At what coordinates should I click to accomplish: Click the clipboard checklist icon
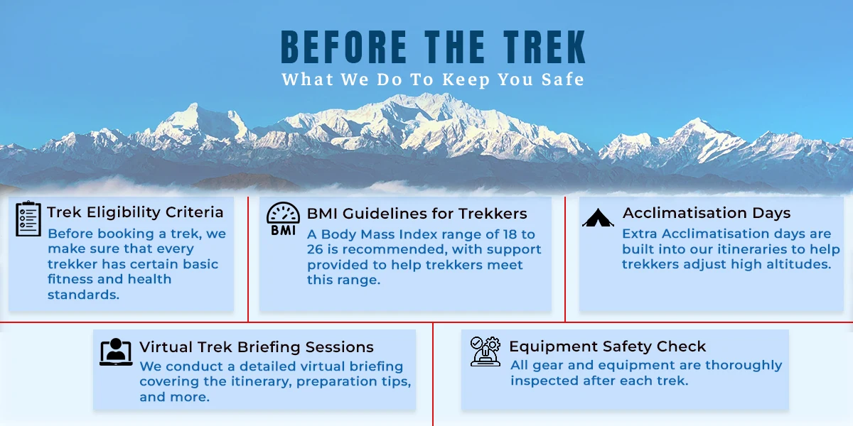[28, 219]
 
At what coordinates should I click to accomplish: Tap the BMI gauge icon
[283, 219]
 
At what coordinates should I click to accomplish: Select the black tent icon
[598, 217]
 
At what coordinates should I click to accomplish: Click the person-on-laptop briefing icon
[116, 352]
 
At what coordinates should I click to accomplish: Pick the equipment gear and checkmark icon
[485, 351]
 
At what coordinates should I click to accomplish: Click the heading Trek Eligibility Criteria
[135, 212]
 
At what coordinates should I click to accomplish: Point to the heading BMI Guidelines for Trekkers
[417, 214]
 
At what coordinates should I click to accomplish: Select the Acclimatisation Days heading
[707, 213]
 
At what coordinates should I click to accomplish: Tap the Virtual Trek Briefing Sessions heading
[257, 347]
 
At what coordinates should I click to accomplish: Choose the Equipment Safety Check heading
[607, 346]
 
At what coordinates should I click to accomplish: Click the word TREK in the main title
[544, 47]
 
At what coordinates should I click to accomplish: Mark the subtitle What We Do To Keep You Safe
[433, 80]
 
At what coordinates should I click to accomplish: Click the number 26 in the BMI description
[315, 249]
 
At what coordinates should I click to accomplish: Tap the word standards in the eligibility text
[83, 295]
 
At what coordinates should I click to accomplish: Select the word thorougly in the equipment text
[744, 366]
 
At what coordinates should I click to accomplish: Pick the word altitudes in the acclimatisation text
[798, 264]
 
